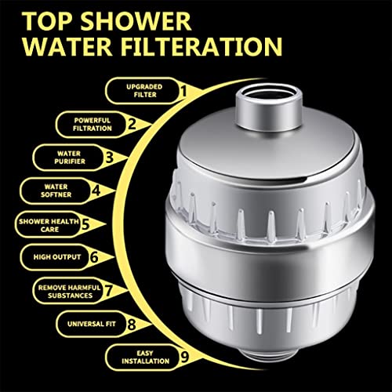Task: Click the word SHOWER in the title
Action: coord(136,21)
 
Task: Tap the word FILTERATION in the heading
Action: coord(201,47)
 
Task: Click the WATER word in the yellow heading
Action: coord(67,47)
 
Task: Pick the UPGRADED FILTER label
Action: coord(144,91)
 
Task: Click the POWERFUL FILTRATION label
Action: coord(93,125)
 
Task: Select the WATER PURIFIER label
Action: coord(70,158)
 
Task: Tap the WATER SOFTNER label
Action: coord(56,191)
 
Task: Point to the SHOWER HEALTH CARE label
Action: coord(49,225)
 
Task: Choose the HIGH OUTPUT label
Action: coord(57,257)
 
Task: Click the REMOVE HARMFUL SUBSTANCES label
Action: coord(70,292)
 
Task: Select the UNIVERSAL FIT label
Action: coord(92,324)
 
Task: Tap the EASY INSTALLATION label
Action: coord(145,358)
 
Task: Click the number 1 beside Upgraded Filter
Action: coord(183,91)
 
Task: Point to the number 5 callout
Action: coord(85,224)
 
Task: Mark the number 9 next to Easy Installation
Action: coord(184,357)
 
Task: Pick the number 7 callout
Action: coord(108,290)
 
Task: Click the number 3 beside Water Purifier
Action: coord(110,158)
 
